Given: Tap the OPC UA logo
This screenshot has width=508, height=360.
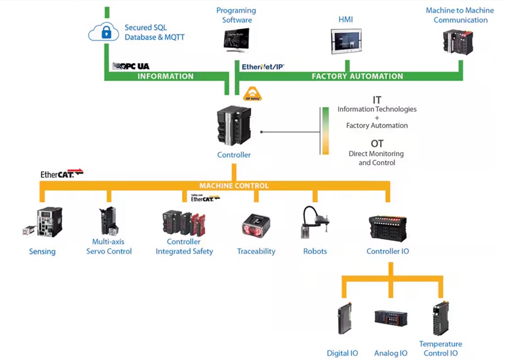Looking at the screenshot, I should pyautogui.click(x=131, y=66).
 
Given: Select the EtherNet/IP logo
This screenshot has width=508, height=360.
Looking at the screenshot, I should pyautogui.click(x=263, y=67).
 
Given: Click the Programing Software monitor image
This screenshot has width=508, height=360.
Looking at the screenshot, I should pyautogui.click(x=236, y=41).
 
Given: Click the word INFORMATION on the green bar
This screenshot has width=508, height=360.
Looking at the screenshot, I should pyautogui.click(x=165, y=76).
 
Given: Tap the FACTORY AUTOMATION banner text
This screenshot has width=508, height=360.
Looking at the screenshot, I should pyautogui.click(x=357, y=76).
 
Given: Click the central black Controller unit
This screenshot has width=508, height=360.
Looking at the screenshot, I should pyautogui.click(x=234, y=127).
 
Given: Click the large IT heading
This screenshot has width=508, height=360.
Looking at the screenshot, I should pyautogui.click(x=377, y=100).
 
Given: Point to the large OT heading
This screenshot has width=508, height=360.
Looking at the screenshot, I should pyautogui.click(x=377, y=144).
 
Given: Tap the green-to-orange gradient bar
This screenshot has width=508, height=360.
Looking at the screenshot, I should pyautogui.click(x=326, y=131).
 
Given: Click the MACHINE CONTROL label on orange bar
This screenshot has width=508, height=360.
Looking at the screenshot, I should pyautogui.click(x=234, y=186).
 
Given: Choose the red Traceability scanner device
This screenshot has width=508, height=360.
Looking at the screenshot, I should pyautogui.click(x=256, y=225).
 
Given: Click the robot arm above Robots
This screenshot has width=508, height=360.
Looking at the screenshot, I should pyautogui.click(x=314, y=222).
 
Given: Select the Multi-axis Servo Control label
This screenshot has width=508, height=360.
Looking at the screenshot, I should pyautogui.click(x=109, y=247).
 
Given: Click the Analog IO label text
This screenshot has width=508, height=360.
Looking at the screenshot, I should pyautogui.click(x=391, y=353).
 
